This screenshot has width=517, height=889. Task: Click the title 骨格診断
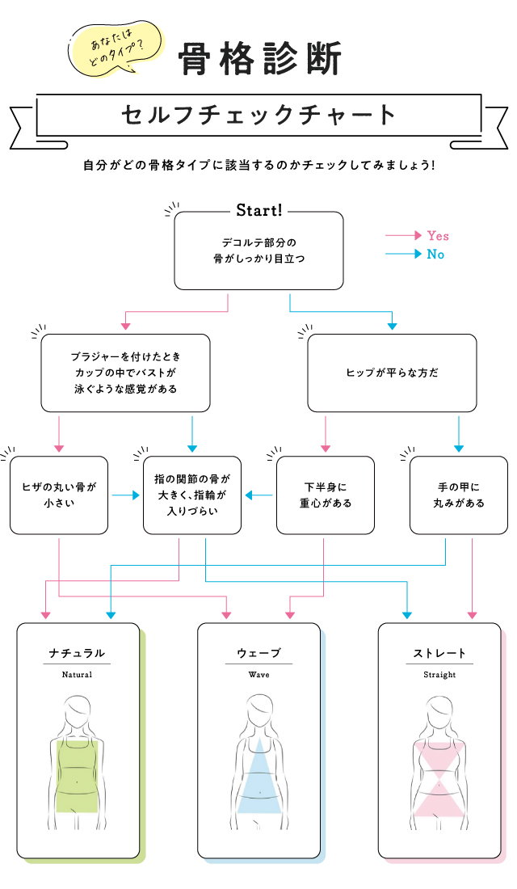pyautogui.click(x=261, y=59)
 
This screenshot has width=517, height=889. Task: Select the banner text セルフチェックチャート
pyautogui.click(x=258, y=115)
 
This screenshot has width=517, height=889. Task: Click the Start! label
pyautogui.click(x=258, y=211)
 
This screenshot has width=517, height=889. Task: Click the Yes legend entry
pyautogui.click(x=437, y=236)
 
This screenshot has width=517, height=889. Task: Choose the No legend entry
pyautogui.click(x=435, y=255)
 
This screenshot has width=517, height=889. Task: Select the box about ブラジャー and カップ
pyautogui.click(x=125, y=373)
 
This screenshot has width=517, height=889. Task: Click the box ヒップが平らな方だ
pyautogui.click(x=392, y=373)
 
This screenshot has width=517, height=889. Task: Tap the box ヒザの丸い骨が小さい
pyautogui.click(x=59, y=495)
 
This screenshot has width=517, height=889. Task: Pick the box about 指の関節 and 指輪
pyautogui.click(x=192, y=495)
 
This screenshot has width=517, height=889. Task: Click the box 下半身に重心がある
pyautogui.click(x=326, y=495)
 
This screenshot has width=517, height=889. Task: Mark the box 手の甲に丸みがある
pyautogui.click(x=459, y=495)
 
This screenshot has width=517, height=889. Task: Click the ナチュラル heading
pyautogui.click(x=78, y=653)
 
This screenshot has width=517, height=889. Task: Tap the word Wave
pyautogui.click(x=258, y=674)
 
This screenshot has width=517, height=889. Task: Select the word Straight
pyautogui.click(x=439, y=674)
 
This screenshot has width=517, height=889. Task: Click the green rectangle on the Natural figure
pyautogui.click(x=78, y=774)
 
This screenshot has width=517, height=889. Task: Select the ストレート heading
pyautogui.click(x=439, y=653)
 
